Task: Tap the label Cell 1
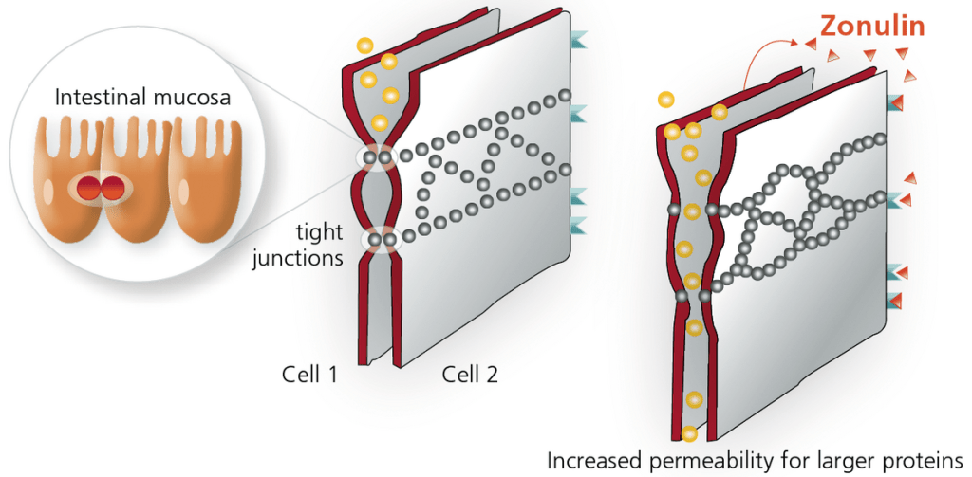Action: tap(309, 374)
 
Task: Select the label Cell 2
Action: tap(469, 374)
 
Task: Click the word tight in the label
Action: tap(313, 232)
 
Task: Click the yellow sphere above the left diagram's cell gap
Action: tap(364, 45)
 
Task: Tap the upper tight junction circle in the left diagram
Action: tap(378, 157)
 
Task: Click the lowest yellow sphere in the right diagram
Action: tap(689, 434)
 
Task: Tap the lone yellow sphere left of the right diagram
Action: tap(666, 99)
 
